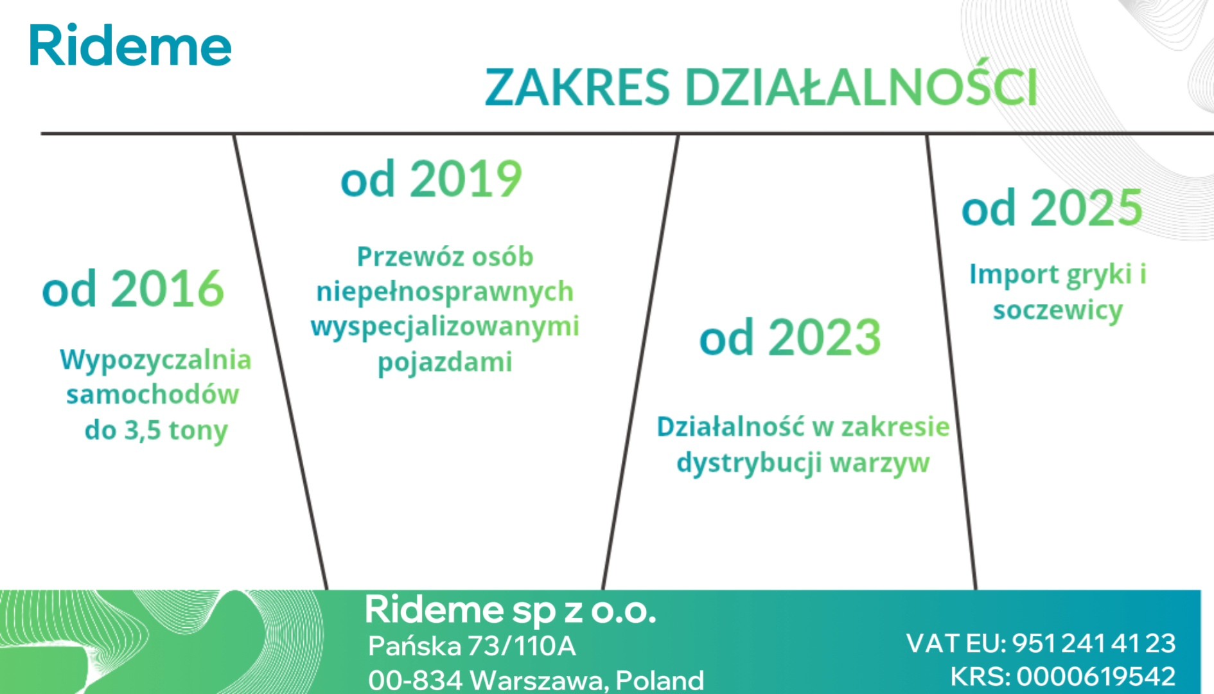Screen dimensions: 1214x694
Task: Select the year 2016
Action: click(168, 289)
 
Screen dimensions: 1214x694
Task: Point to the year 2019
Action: click(466, 178)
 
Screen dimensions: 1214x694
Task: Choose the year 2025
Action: click(1087, 208)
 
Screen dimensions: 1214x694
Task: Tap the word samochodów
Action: click(152, 395)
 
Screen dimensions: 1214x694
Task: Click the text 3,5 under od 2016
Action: click(142, 431)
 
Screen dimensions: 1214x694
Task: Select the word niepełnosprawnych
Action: click(444, 292)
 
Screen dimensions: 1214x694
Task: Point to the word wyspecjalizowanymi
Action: click(444, 327)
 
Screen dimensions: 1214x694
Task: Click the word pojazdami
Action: click(444, 362)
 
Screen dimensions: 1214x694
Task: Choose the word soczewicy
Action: click(1057, 310)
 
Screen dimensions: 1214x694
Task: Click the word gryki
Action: click(1099, 275)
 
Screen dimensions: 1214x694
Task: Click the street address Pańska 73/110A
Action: click(472, 646)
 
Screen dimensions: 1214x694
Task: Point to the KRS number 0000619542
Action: click(1096, 677)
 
